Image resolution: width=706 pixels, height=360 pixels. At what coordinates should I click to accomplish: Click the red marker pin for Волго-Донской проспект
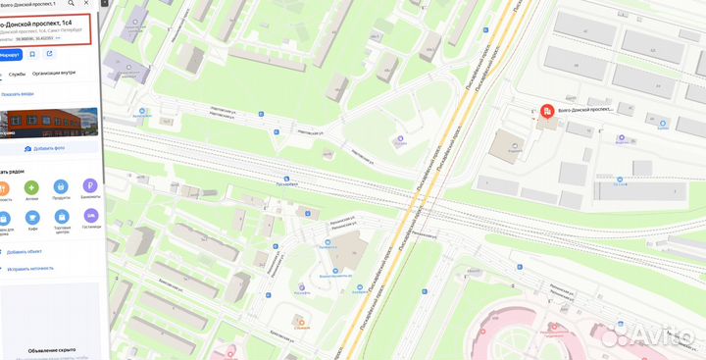click(x=546, y=111)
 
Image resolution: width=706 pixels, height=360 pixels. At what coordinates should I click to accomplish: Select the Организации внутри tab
click(x=54, y=74)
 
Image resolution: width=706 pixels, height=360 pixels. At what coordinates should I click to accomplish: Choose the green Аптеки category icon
click(x=31, y=186)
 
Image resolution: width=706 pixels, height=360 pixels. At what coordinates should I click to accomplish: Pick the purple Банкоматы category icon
click(x=90, y=186)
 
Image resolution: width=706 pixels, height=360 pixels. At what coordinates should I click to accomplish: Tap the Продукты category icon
click(x=61, y=186)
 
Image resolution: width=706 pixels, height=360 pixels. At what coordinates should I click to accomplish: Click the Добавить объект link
click(x=29, y=252)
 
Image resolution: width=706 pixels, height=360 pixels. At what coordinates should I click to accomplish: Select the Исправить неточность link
click(x=31, y=268)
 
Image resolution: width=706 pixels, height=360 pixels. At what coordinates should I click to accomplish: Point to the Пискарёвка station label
click(x=286, y=180)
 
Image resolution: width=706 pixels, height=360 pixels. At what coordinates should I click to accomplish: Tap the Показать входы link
click(x=19, y=94)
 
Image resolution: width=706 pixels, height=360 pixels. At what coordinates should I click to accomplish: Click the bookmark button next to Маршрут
click(x=33, y=54)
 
